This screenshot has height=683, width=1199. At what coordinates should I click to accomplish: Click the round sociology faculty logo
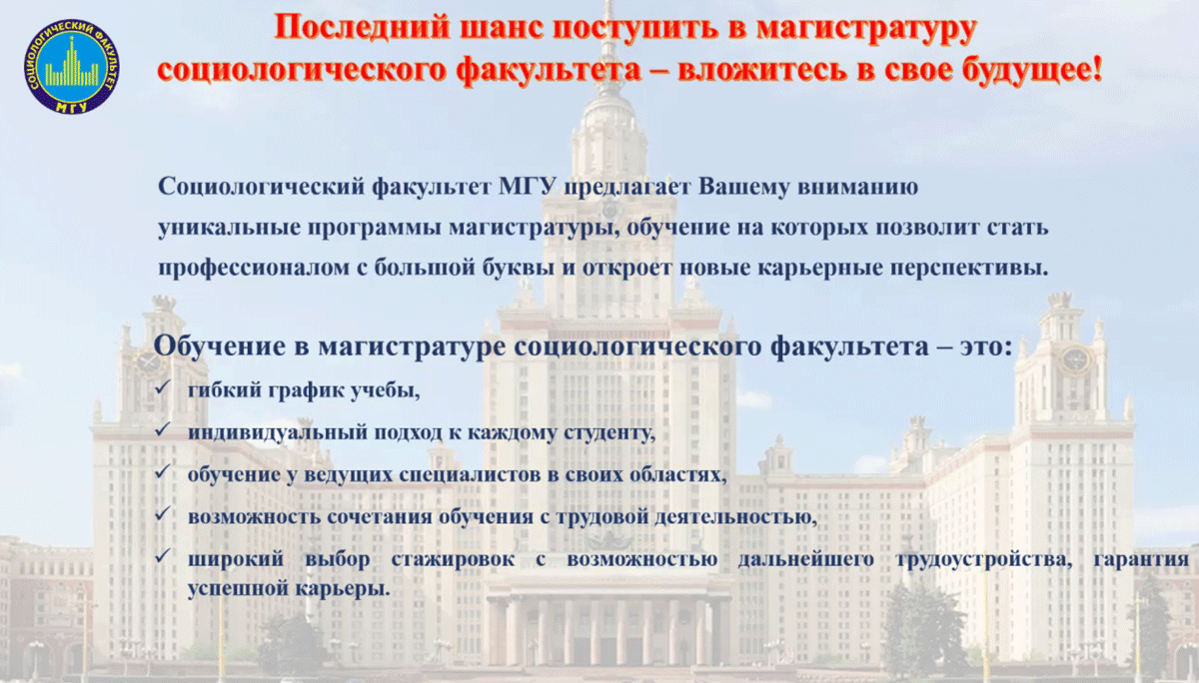[x=72, y=66]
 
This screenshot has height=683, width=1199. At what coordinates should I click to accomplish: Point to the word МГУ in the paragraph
[x=528, y=187]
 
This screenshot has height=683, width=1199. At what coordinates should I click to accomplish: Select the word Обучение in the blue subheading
[x=220, y=346]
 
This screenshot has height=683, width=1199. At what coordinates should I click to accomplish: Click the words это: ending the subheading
[x=986, y=346]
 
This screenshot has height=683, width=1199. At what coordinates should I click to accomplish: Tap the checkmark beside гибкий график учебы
[x=162, y=387]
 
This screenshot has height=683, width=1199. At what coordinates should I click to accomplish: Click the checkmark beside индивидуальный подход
[x=162, y=429]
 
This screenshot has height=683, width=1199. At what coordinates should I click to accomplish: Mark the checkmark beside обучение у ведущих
[x=162, y=471]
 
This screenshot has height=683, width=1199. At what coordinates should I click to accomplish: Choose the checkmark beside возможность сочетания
[x=162, y=514]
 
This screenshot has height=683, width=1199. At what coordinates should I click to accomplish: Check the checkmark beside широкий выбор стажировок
[x=162, y=556]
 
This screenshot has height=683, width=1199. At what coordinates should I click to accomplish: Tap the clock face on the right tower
[x=1075, y=359]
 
